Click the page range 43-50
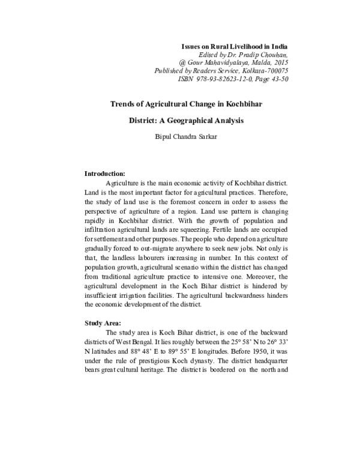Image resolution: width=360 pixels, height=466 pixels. click(x=279, y=79)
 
